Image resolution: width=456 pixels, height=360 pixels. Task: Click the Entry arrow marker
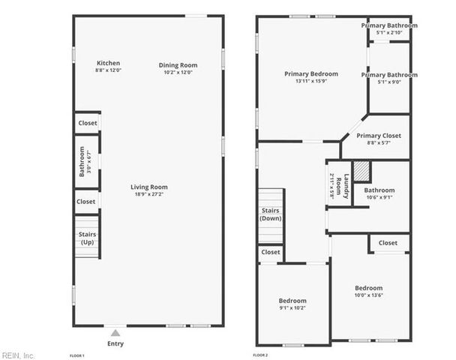[x=115, y=331]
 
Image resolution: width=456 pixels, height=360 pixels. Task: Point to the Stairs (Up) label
[x=87, y=238]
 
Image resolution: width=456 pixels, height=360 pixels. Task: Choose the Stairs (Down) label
[x=270, y=214]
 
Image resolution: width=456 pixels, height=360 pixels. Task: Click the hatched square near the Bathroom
[x=362, y=171]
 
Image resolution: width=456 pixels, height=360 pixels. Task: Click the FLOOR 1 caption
[x=77, y=354]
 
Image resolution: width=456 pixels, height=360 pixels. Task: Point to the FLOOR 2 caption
[x=260, y=354]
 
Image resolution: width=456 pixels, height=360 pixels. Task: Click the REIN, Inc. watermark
[x=18, y=354]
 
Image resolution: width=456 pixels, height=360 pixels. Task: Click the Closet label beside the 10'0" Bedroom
[x=388, y=243]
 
